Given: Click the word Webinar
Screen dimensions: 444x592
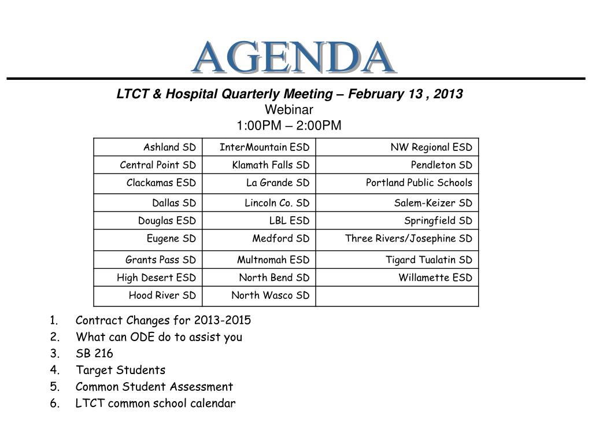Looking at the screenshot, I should tap(289, 110).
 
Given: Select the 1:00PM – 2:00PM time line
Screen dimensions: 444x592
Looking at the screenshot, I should tap(289, 125).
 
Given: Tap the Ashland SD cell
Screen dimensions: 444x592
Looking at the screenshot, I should tap(169, 147).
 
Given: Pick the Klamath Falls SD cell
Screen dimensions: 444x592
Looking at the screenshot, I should tap(271, 165).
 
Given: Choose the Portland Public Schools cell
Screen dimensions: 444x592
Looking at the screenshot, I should tap(419, 183).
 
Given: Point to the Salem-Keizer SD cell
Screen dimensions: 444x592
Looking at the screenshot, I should tap(433, 203).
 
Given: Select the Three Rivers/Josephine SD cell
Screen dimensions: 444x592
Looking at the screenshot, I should tap(408, 238).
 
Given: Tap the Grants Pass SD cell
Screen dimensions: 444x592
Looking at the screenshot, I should tap(160, 260).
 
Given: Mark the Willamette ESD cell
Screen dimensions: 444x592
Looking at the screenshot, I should tap(435, 277).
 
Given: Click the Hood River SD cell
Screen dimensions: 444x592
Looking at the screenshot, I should tap(162, 295).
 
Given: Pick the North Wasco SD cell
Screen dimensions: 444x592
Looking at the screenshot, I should tap(270, 295).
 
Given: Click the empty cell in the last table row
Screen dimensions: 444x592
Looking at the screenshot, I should tap(398, 296).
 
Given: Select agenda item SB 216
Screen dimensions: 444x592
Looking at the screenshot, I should tap(94, 354).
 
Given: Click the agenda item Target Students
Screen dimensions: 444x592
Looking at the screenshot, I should tap(120, 370).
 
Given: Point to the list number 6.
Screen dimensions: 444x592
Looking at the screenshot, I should tap(54, 404).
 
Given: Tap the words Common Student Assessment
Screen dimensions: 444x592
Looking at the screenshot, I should tap(154, 387).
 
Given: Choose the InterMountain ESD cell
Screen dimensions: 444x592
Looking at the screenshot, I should tap(264, 147).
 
